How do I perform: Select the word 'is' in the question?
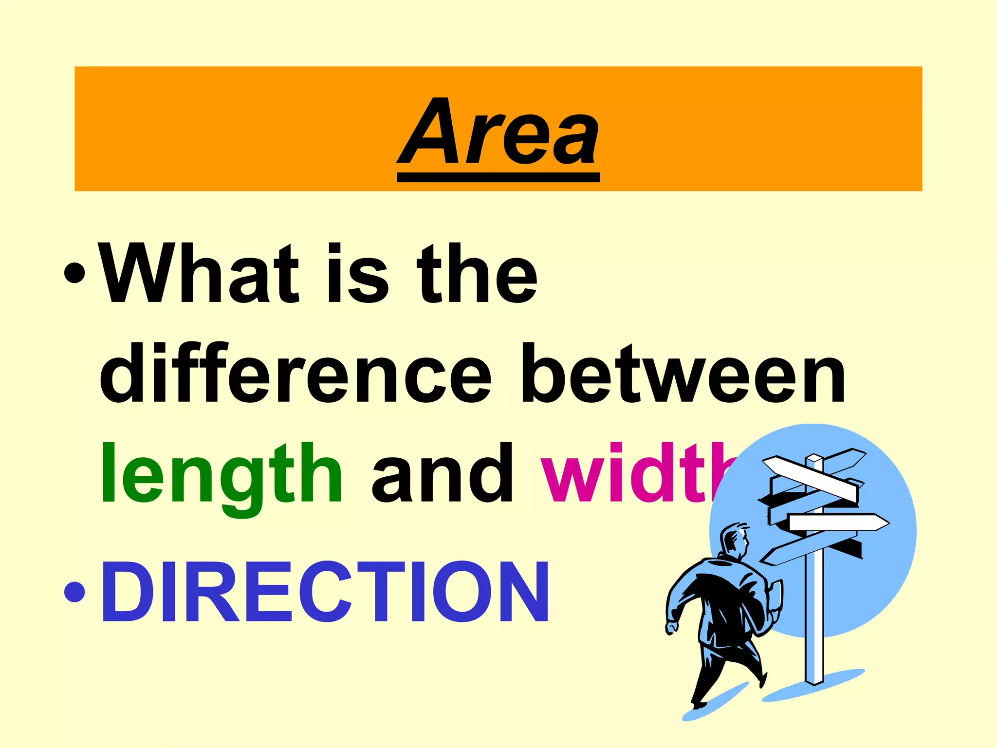pyautogui.click(x=358, y=274)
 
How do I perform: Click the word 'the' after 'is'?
pyautogui.click(x=477, y=274)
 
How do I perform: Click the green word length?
pyautogui.click(x=222, y=475)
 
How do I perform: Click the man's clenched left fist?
pyautogui.click(x=671, y=628)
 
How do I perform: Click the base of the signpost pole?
pyautogui.click(x=814, y=680)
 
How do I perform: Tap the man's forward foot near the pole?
pyautogui.click(x=762, y=679)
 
